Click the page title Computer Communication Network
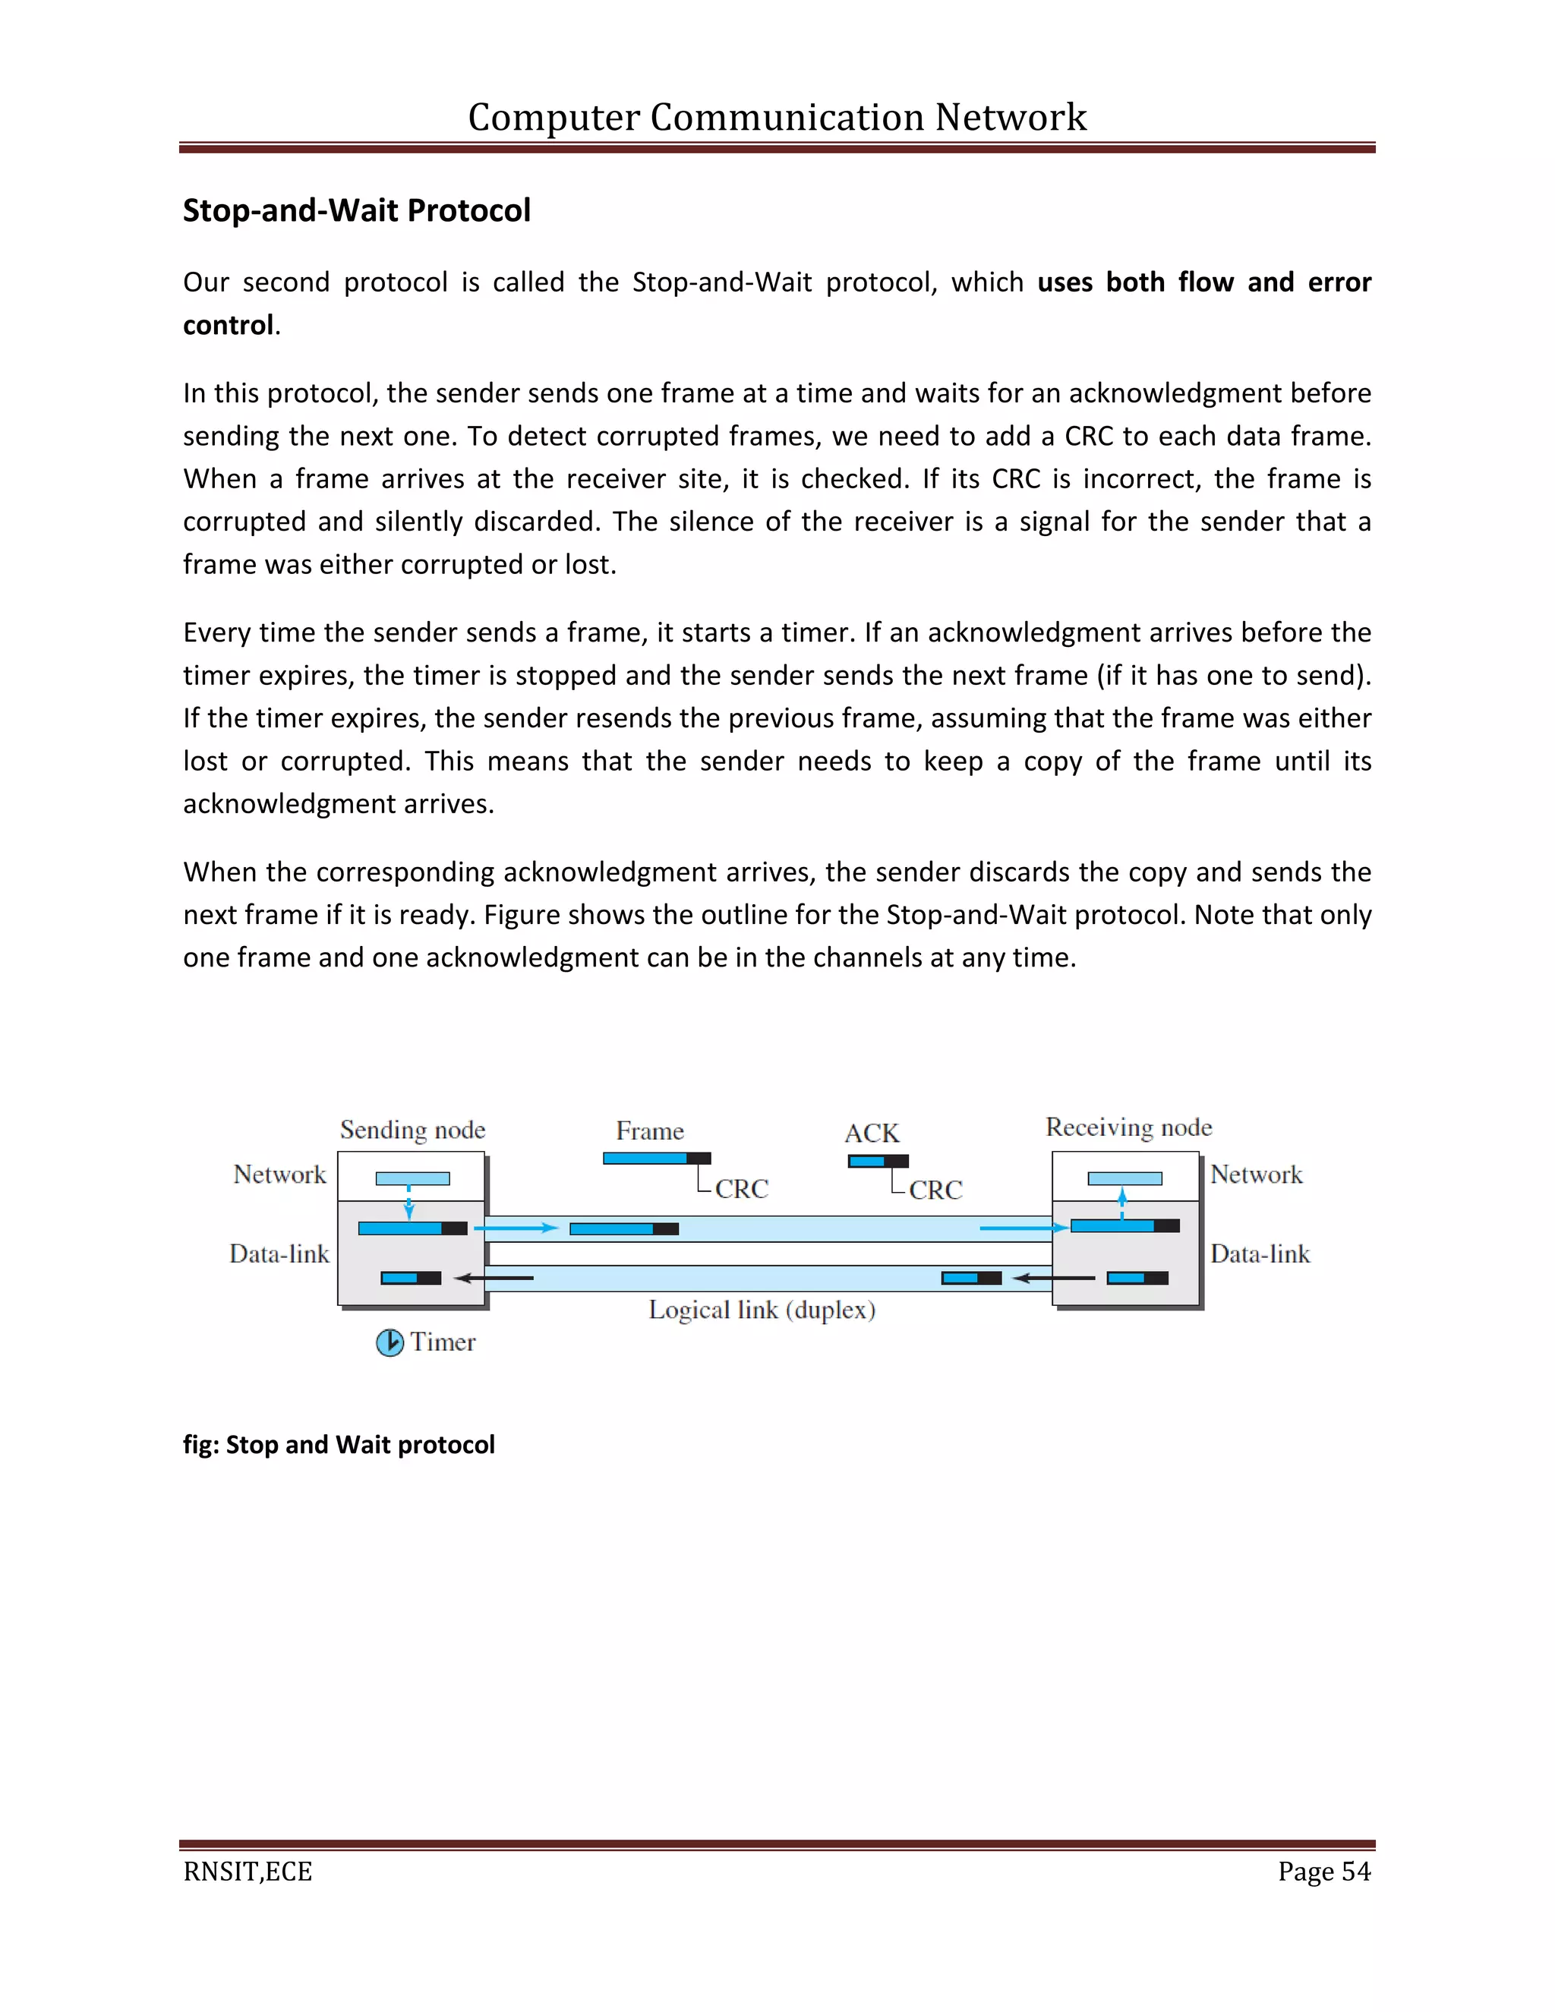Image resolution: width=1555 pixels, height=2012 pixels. pyautogui.click(x=777, y=118)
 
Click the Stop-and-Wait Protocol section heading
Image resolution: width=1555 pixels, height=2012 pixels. pyautogui.click(x=357, y=211)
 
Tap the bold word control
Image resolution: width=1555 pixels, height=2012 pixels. pyautogui.click(x=229, y=325)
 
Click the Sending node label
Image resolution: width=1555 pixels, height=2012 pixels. pyautogui.click(x=412, y=1130)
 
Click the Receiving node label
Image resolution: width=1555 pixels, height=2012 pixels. pyautogui.click(x=1128, y=1127)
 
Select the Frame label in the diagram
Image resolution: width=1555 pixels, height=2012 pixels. pyautogui.click(x=649, y=1131)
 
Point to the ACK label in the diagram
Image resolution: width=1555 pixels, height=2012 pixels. pyautogui.click(x=872, y=1132)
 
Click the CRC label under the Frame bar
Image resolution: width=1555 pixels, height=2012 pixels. pyautogui.click(x=740, y=1188)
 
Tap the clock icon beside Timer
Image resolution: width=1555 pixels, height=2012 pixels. pyautogui.click(x=390, y=1342)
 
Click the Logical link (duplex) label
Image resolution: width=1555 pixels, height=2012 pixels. pyautogui.click(x=761, y=1309)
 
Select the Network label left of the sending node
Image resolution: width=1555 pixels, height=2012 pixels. pyautogui.click(x=279, y=1174)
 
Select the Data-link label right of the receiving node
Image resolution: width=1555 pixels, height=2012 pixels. pyautogui.click(x=1260, y=1253)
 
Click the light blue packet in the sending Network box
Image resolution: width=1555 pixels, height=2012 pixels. pyautogui.click(x=413, y=1178)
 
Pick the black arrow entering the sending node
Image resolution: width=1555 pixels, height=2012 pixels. pyautogui.click(x=494, y=1278)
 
